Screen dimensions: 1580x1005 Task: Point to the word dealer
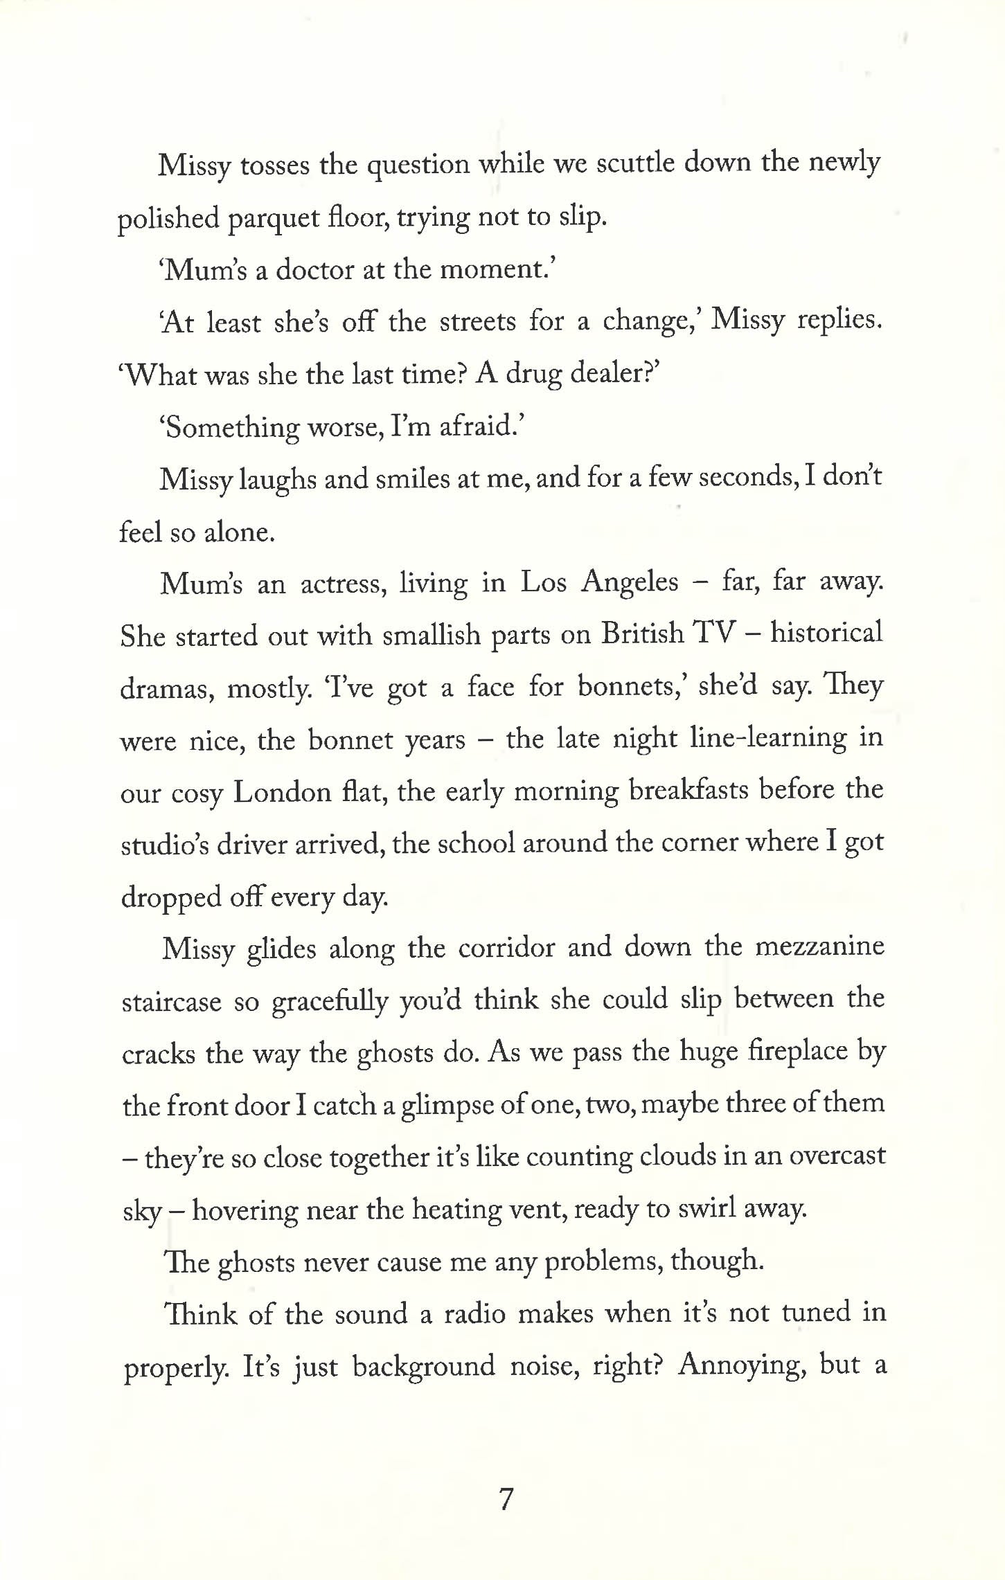tap(610, 374)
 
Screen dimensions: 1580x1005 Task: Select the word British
tap(641, 635)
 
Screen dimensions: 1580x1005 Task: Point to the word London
tap(283, 791)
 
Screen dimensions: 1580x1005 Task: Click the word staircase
tap(172, 1000)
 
